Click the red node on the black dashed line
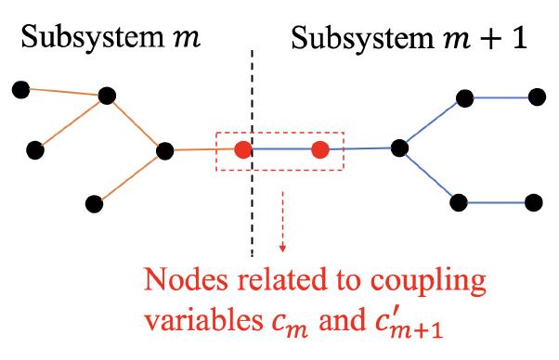(x=243, y=149)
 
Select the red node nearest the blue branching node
(x=320, y=149)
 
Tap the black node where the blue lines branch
(x=400, y=148)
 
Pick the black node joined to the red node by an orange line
(x=166, y=149)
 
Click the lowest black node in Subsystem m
(x=92, y=202)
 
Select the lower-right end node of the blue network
(x=533, y=201)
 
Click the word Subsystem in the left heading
(x=78, y=41)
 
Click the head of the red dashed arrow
(x=281, y=248)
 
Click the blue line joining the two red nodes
(x=281, y=149)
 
